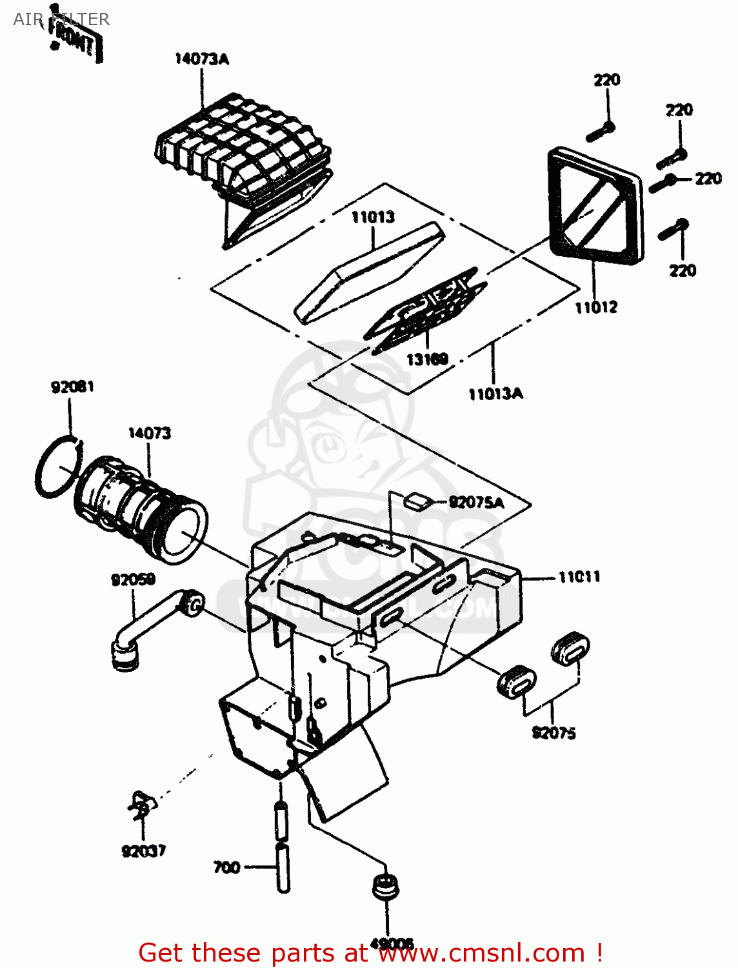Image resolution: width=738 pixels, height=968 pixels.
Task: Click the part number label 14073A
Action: (201, 59)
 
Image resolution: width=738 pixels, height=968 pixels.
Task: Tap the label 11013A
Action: (495, 394)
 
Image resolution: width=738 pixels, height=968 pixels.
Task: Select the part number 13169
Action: (427, 359)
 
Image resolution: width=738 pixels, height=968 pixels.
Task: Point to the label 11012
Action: (596, 307)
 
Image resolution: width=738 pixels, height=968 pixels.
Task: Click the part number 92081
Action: (72, 387)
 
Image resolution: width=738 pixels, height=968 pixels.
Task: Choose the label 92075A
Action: (476, 503)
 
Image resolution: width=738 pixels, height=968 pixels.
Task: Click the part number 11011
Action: (579, 577)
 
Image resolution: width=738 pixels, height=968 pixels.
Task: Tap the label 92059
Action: (133, 580)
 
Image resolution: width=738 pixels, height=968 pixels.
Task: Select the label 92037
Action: (143, 851)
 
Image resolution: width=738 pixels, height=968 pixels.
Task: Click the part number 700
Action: (226, 867)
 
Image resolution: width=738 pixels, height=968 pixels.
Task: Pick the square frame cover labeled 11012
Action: (595, 207)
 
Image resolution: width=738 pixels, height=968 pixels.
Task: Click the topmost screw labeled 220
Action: (601, 132)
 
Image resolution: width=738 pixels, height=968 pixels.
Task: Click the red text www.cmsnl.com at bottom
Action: (481, 953)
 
